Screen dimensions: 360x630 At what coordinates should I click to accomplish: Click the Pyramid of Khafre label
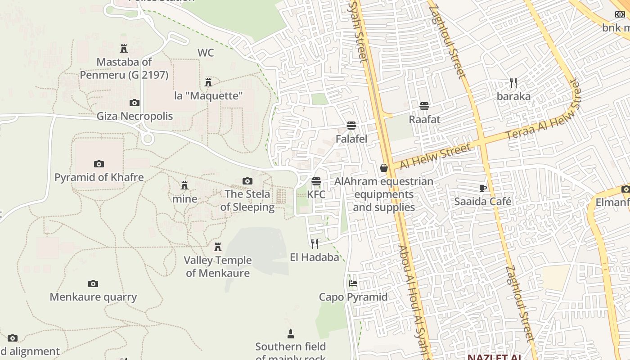(99, 177)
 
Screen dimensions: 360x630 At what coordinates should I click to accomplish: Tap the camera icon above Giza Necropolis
(135, 103)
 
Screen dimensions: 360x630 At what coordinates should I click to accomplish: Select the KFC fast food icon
(316, 181)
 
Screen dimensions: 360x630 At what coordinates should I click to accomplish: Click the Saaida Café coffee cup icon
(483, 188)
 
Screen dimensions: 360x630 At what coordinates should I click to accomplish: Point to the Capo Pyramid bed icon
(353, 283)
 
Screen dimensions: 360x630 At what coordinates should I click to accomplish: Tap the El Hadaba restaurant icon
(315, 244)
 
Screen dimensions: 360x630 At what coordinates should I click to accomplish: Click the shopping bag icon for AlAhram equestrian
(384, 168)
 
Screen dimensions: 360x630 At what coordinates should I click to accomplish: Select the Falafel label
(351, 139)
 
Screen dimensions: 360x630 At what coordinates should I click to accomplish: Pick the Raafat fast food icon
(424, 106)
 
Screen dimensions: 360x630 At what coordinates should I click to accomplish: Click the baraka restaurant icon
(513, 83)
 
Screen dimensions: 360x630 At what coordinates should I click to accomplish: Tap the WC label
(206, 53)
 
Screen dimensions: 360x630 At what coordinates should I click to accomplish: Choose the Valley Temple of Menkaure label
(218, 266)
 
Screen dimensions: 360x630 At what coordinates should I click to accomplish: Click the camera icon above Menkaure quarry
(93, 283)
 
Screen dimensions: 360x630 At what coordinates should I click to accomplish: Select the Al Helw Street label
(435, 156)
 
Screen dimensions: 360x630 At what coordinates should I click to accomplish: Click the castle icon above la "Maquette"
(208, 82)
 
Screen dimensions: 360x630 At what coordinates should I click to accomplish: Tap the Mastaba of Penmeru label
(124, 68)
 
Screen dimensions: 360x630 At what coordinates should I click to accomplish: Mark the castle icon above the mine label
(184, 185)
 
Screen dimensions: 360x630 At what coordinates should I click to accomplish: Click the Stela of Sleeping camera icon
(247, 181)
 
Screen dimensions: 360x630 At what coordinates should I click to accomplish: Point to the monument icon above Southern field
(291, 333)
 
